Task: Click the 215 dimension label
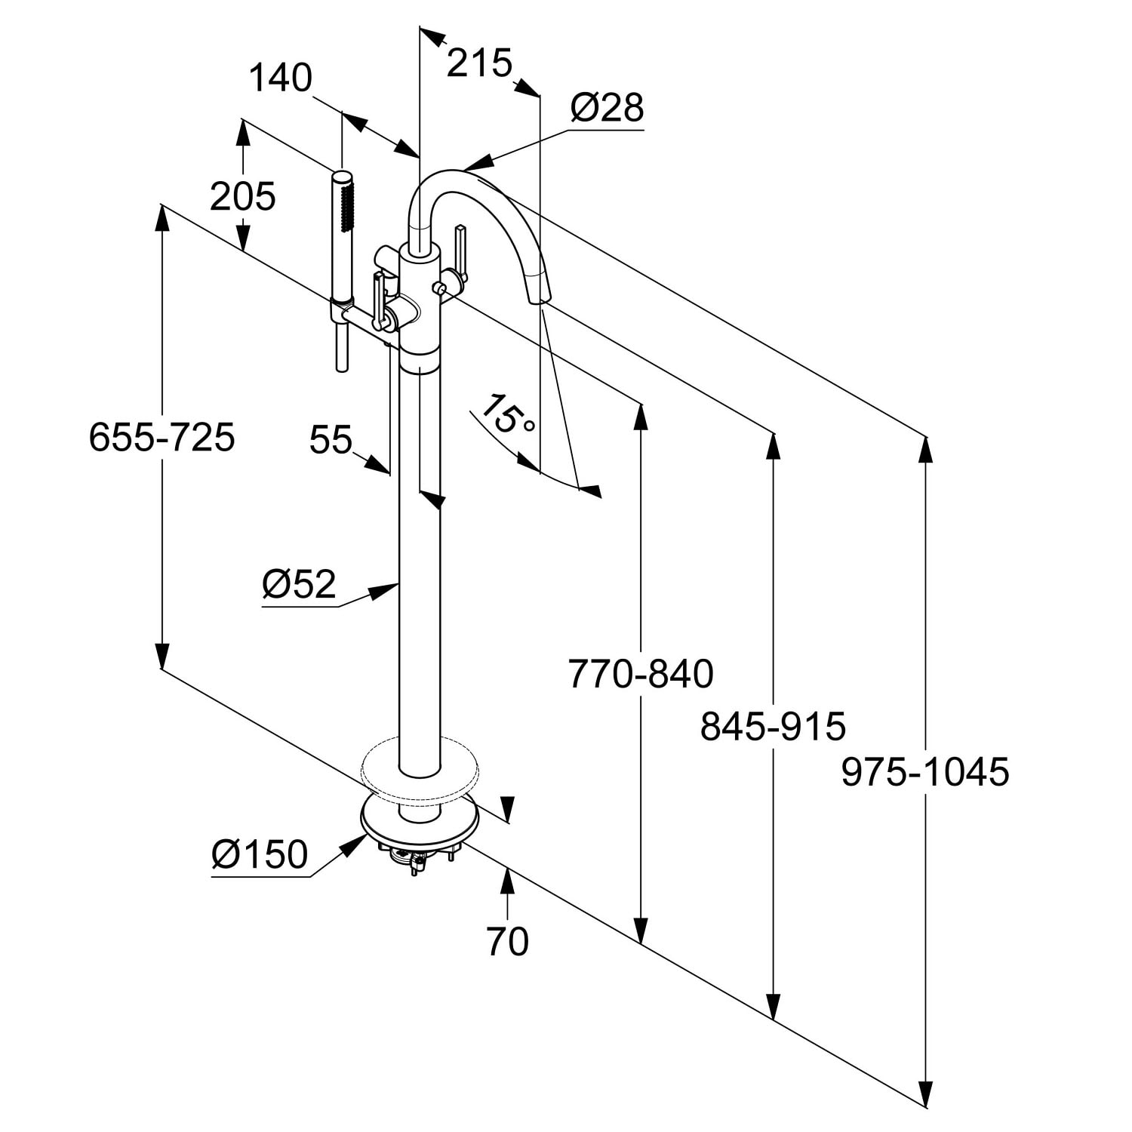click(479, 63)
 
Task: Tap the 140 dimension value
click(280, 78)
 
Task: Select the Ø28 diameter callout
click(607, 108)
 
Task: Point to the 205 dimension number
click(242, 197)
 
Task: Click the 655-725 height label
click(161, 437)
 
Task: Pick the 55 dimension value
click(331, 440)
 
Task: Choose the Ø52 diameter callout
click(299, 584)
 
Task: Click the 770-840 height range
click(640, 674)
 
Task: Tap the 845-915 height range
click(773, 727)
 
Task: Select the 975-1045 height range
click(925, 772)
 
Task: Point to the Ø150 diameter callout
click(260, 854)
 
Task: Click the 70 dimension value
click(507, 941)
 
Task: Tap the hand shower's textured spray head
click(346, 204)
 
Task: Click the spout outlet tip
click(541, 298)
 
